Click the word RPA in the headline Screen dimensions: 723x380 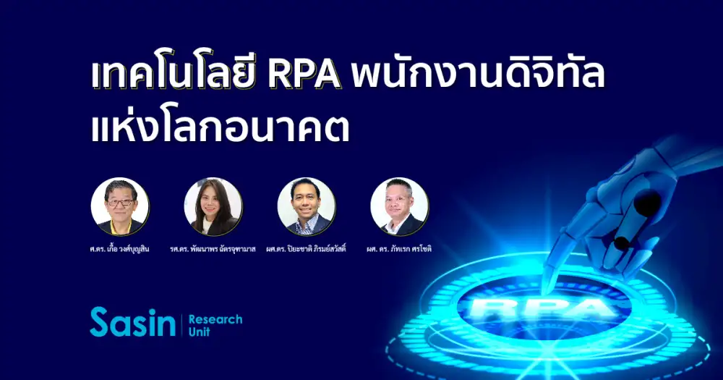click(x=305, y=74)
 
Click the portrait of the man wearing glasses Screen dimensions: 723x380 click(x=120, y=206)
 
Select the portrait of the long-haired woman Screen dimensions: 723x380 click(x=213, y=206)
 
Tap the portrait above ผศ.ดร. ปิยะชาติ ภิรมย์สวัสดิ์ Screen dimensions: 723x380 click(x=306, y=206)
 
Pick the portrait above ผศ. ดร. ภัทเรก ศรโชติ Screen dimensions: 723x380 click(x=399, y=206)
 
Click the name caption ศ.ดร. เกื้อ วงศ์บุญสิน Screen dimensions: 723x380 click(x=120, y=249)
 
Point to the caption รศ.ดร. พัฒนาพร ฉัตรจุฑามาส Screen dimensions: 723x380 click(x=213, y=249)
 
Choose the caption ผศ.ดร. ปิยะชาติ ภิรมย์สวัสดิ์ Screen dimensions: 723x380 click(x=306, y=249)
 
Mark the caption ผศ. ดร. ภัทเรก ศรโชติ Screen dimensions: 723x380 click(x=399, y=249)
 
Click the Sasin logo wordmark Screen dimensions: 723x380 click(x=133, y=322)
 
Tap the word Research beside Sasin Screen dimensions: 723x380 click(x=215, y=319)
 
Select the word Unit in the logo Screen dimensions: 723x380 click(x=200, y=332)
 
